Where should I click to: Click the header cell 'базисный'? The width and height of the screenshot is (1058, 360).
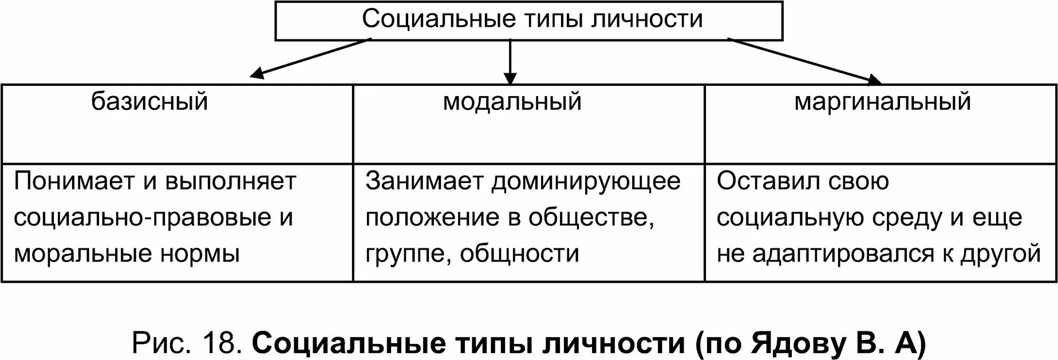pos(149,102)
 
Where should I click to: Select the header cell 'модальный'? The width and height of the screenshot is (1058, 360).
pos(512,102)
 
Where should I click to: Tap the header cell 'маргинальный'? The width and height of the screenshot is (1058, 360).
pos(882,102)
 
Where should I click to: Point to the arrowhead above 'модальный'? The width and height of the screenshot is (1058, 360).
pos(510,78)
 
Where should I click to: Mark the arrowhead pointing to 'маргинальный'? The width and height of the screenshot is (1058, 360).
pos(874,80)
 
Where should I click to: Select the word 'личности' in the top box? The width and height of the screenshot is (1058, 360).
pos(647,19)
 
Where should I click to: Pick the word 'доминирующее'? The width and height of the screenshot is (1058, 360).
pos(586,182)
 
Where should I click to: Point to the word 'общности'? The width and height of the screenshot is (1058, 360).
pos(519,254)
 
